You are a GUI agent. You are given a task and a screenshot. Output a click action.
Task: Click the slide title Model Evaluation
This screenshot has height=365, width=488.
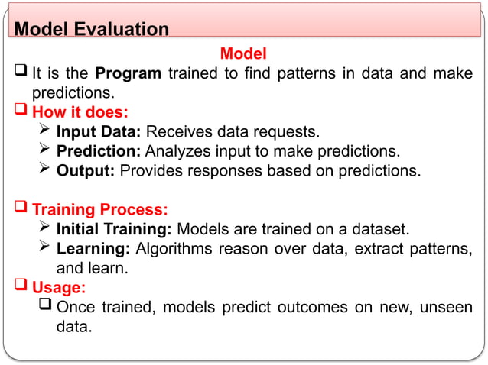tap(92, 30)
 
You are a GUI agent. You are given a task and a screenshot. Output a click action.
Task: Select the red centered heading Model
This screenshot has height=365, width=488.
tap(243, 53)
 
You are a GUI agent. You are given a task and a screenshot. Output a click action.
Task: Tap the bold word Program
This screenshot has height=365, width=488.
tap(128, 74)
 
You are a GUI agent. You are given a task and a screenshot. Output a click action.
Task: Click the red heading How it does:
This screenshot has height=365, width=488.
tap(80, 113)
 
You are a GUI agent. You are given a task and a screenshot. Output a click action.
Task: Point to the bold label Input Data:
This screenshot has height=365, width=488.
tap(99, 132)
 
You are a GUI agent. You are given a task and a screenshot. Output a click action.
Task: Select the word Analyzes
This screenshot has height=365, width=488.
tap(177, 151)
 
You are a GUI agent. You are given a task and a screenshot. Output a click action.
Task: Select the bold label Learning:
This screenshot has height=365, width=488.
tap(93, 248)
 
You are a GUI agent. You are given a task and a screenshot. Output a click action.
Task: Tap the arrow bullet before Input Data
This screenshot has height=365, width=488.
tap(44, 132)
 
